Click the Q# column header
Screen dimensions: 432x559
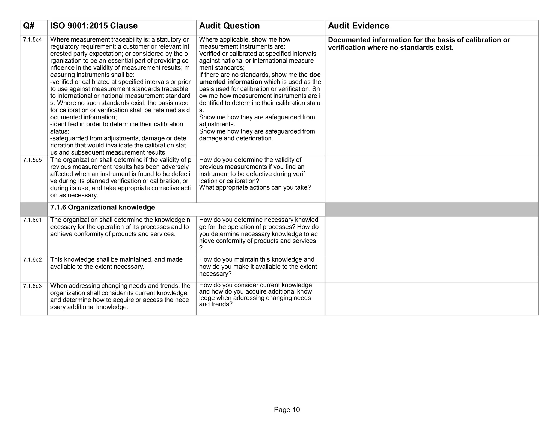[29, 26]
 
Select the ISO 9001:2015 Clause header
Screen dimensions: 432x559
[94, 26]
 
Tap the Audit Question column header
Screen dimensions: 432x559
[229, 26]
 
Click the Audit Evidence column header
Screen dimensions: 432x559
[358, 26]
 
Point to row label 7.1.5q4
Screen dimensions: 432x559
[32, 40]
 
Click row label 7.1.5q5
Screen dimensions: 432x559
[32, 160]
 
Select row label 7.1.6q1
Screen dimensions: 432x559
[32, 220]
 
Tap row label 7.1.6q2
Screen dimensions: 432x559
[32, 260]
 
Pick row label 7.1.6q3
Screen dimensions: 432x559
[32, 286]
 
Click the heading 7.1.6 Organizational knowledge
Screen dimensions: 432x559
[103, 208]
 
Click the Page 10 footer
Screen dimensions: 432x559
[287, 410]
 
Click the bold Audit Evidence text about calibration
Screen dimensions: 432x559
[419, 44]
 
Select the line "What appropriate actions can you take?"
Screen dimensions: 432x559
[255, 188]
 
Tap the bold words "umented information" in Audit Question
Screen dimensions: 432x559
[231, 82]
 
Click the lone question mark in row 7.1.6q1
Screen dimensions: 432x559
[201, 248]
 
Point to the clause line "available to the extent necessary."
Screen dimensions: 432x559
[97, 267]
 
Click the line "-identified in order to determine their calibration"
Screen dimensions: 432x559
[117, 124]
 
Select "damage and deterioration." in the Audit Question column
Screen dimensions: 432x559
[236, 138]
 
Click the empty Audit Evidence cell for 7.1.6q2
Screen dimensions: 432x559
[431, 269]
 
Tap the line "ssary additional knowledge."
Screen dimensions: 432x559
[89, 307]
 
